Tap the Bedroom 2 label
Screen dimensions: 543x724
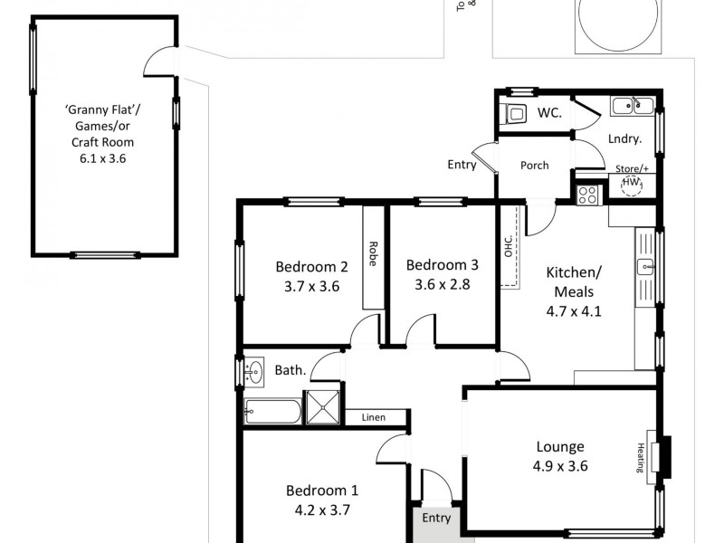click(311, 267)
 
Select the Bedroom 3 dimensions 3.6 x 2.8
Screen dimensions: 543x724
click(442, 283)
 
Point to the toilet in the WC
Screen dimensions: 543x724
click(515, 114)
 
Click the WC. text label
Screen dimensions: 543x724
click(549, 113)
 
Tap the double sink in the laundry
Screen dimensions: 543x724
click(632, 107)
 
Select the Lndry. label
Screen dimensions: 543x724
click(624, 139)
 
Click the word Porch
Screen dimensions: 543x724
click(534, 166)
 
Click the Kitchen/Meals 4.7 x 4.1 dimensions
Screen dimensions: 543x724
click(574, 311)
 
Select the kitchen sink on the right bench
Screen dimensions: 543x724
click(645, 266)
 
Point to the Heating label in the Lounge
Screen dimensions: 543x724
click(640, 457)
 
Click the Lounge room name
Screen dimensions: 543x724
click(560, 446)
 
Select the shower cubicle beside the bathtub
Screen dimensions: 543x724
click(324, 408)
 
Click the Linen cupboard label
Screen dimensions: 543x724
click(373, 417)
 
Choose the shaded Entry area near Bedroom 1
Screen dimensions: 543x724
click(435, 520)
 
